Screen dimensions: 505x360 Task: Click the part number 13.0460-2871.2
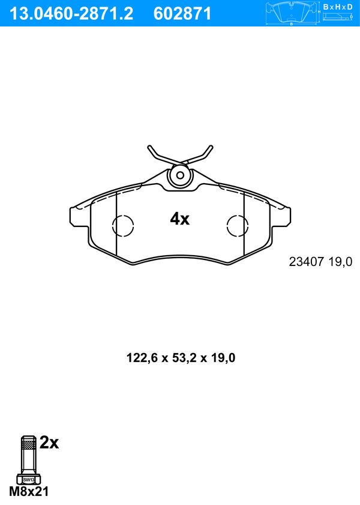71,13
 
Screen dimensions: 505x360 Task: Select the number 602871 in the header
183,13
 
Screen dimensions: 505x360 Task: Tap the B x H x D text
337,7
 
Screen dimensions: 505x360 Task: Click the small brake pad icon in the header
292,14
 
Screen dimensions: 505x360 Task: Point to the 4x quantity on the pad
179,219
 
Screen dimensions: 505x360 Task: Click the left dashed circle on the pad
123,226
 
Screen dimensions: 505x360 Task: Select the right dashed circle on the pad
238,226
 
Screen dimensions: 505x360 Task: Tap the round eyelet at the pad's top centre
179,175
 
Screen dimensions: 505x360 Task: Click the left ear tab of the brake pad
77,216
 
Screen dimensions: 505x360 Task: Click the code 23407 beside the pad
307,262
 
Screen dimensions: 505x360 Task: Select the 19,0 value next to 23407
340,262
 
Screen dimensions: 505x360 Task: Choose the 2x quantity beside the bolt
49,443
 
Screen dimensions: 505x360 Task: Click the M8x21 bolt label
29,492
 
